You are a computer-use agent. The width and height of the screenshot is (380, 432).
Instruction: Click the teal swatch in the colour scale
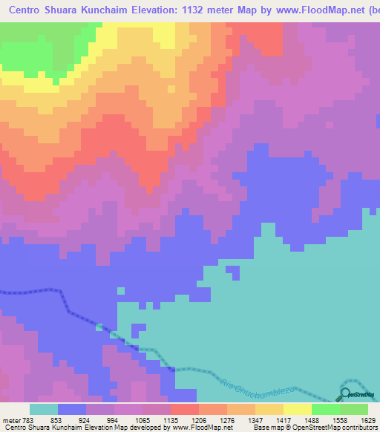click(x=44, y=409)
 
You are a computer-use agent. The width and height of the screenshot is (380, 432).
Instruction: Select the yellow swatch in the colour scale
click(x=298, y=409)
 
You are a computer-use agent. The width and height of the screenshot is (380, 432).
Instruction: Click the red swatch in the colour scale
click(x=185, y=409)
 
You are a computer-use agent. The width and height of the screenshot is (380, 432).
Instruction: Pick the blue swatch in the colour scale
click(x=72, y=409)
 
